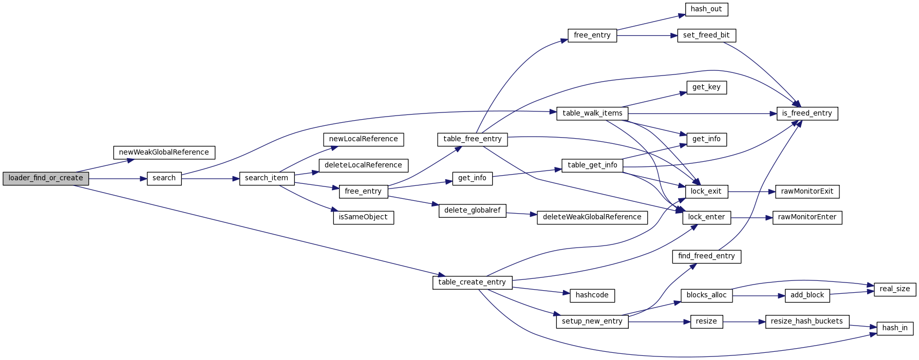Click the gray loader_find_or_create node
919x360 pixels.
pos(46,178)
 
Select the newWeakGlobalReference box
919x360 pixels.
pos(164,153)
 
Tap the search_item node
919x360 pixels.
pos(267,178)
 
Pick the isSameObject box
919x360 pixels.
pos(363,217)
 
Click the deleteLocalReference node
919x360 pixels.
pos(363,165)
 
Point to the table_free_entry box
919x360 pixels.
pos(472,139)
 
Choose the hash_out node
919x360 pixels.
pos(706,9)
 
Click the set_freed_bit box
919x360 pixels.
pos(706,35)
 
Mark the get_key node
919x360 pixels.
pos(706,87)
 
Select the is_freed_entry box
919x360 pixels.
pos(807,113)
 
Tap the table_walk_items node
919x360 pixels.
pos(592,113)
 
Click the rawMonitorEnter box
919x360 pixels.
pos(807,217)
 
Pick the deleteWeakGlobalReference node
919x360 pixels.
pos(592,217)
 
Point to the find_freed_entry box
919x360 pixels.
pos(706,256)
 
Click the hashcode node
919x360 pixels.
pos(592,295)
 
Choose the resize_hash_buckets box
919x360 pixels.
pos(807,321)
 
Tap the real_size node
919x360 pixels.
pos(894,289)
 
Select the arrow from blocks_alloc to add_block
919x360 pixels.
pos(759,296)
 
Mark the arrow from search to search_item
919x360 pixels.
pos(211,179)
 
